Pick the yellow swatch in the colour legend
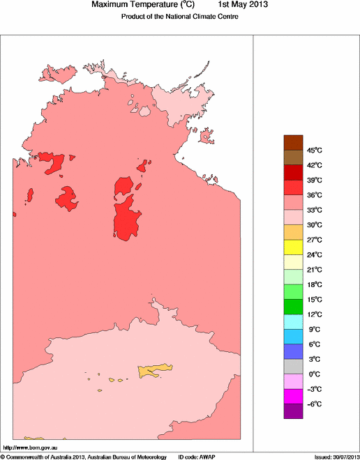(x=294, y=247)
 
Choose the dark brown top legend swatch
(x=294, y=142)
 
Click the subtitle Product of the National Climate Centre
(x=180, y=16)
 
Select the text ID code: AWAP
(x=197, y=457)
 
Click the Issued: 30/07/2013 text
(x=336, y=457)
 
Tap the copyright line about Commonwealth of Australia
(x=84, y=457)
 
